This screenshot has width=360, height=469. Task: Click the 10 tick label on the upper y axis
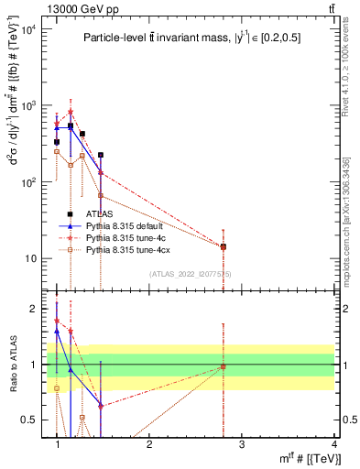point(29,258)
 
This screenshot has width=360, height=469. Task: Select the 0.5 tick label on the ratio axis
point(29,420)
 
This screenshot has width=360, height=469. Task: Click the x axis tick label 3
point(242,444)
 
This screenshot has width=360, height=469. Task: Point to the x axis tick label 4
point(333,444)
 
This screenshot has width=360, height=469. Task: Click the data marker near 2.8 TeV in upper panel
point(224,246)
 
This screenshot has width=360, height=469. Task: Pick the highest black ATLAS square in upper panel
point(71,125)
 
